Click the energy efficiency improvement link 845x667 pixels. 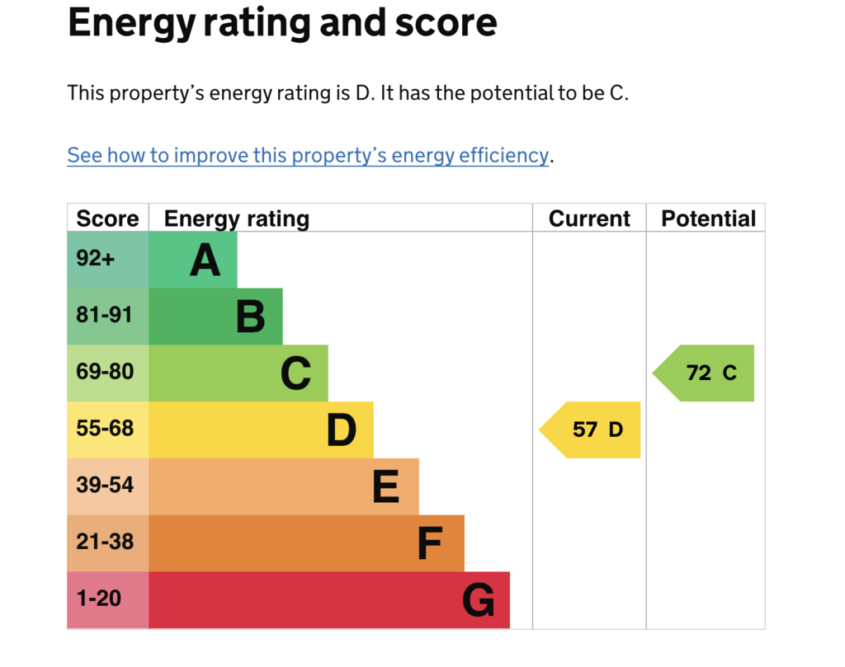coord(308,156)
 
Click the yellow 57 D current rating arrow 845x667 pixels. coord(589,430)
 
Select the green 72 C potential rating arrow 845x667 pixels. coord(703,373)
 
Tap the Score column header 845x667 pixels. coord(108,218)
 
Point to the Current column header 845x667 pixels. coord(589,218)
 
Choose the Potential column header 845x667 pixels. coord(708,218)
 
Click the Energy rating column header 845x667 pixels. coord(237,219)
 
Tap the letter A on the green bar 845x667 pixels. coord(205,260)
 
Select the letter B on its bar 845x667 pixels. coord(251,317)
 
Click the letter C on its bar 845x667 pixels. coord(296,373)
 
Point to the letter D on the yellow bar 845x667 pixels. coord(342,430)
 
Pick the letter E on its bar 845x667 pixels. coord(386,486)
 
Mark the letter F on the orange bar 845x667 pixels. coord(430,543)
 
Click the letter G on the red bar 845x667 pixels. coord(479,600)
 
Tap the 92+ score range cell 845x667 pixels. coord(108,260)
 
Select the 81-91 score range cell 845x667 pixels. coord(108,317)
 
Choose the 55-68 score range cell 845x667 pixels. coord(108,430)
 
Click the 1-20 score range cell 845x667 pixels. coord(108,600)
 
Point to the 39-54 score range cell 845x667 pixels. coord(108,486)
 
